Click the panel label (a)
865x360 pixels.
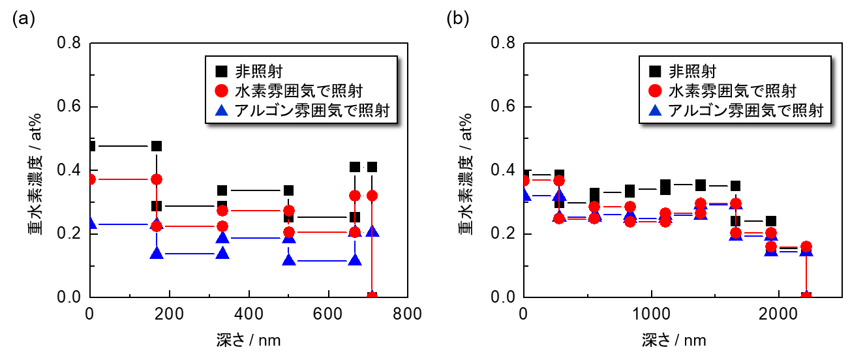(x=23, y=18)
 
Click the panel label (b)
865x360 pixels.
(x=457, y=18)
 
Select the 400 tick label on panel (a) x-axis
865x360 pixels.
(x=249, y=313)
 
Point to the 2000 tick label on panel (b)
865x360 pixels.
(x=778, y=313)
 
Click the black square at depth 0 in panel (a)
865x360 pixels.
(x=91, y=146)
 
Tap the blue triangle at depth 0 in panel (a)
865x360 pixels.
(x=91, y=224)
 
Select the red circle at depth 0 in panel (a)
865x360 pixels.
(x=91, y=179)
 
